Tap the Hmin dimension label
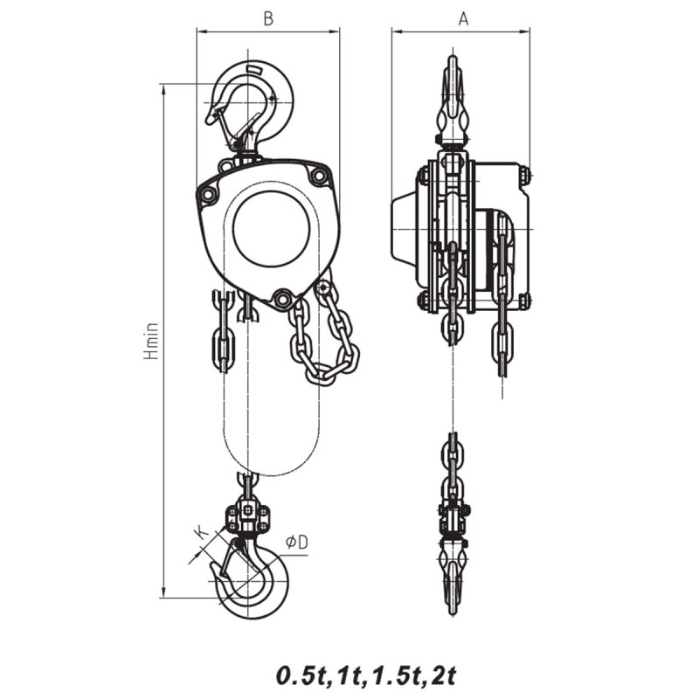tap(151, 341)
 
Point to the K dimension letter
tap(200, 532)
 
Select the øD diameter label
tap(297, 543)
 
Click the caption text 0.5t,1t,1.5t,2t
tap(367, 675)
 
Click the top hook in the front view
tap(253, 100)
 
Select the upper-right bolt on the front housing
tap(318, 177)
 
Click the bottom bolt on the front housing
tap(281, 299)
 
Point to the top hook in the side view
tap(453, 100)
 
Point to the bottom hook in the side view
tap(453, 577)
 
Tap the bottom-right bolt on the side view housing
tap(524, 301)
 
